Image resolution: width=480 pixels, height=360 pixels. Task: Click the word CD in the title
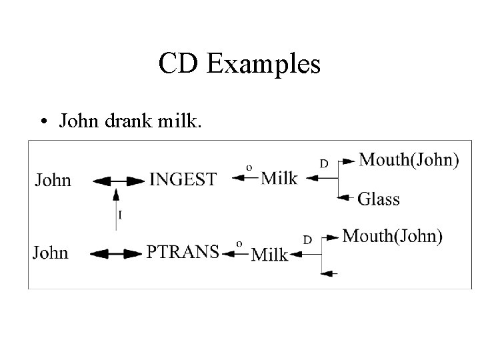click(x=178, y=65)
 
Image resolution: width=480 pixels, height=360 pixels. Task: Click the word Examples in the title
click(x=264, y=65)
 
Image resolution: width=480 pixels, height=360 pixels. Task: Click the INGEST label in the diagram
click(x=183, y=179)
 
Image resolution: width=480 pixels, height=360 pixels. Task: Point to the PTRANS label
click(x=183, y=252)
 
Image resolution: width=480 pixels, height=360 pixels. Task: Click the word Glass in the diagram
click(x=379, y=198)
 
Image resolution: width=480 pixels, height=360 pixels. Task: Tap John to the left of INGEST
click(x=53, y=179)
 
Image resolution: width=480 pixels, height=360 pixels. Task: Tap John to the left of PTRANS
click(x=51, y=252)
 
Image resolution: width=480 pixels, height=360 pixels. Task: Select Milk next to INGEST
click(x=279, y=178)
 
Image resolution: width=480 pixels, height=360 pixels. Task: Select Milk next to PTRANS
click(x=270, y=255)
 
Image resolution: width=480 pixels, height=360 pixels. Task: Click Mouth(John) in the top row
click(x=409, y=159)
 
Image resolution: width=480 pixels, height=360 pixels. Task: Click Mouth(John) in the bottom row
click(x=392, y=235)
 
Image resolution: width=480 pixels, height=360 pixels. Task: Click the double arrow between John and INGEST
click(x=119, y=181)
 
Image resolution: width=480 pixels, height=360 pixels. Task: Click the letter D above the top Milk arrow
click(x=323, y=163)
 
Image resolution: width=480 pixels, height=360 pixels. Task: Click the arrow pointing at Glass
click(x=345, y=197)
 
